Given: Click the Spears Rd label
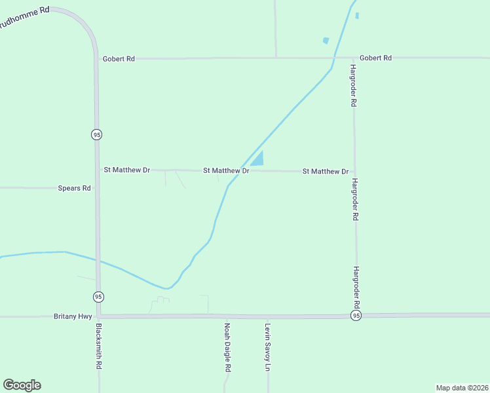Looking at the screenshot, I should [x=74, y=188].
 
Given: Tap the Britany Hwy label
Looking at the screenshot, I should [x=73, y=316].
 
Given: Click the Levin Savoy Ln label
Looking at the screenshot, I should [x=267, y=347].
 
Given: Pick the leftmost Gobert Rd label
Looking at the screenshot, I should [x=119, y=59].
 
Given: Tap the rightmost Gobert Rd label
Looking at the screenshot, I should [x=375, y=58].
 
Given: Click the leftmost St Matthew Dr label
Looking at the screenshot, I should [x=127, y=170].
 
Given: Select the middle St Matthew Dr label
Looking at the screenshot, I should [x=226, y=170].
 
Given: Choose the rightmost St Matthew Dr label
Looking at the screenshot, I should [x=325, y=172].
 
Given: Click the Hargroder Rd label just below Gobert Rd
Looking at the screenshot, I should [x=353, y=86].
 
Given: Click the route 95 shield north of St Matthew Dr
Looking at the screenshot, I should [x=97, y=134].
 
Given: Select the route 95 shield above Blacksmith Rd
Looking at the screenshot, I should [x=98, y=297].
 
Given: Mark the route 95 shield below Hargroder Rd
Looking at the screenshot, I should [x=356, y=316].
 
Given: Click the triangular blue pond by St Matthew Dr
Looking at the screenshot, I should [x=259, y=159].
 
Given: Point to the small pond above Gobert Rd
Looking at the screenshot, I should [x=326, y=41].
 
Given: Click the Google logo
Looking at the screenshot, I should [x=22, y=385].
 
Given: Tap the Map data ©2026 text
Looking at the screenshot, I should [x=462, y=388].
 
